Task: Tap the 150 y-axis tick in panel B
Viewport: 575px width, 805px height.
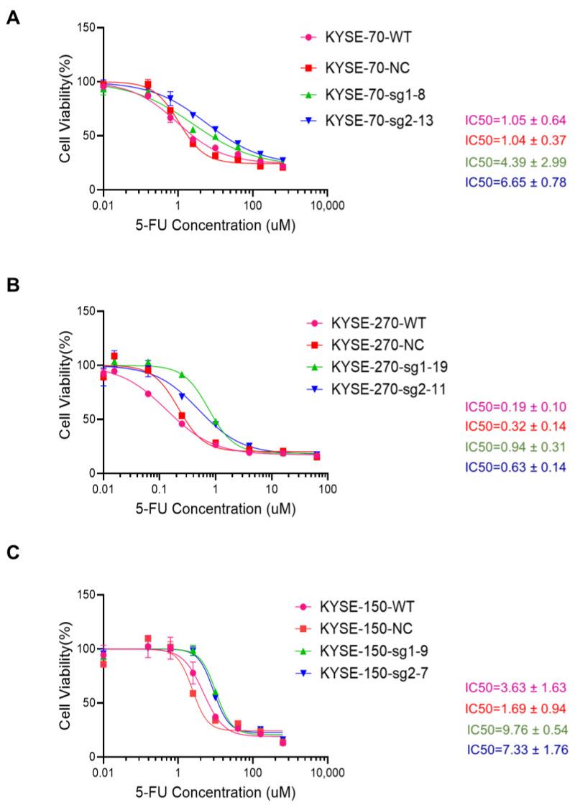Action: (88, 311)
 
